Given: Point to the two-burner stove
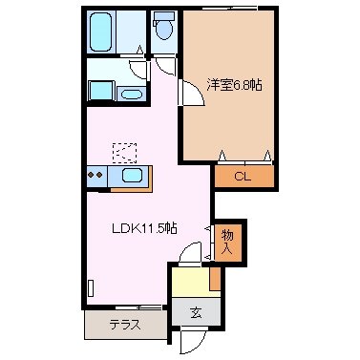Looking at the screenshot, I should (95, 175).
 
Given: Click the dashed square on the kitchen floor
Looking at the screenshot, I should (124, 152).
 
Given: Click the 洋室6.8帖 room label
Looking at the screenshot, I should (235, 84).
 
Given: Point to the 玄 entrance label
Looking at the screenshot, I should (196, 312).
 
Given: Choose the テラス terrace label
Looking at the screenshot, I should (124, 324).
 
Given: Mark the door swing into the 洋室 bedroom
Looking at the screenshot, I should (191, 82).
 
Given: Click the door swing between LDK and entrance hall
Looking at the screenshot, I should (192, 250).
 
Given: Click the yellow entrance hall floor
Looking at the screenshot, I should (189, 282).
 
